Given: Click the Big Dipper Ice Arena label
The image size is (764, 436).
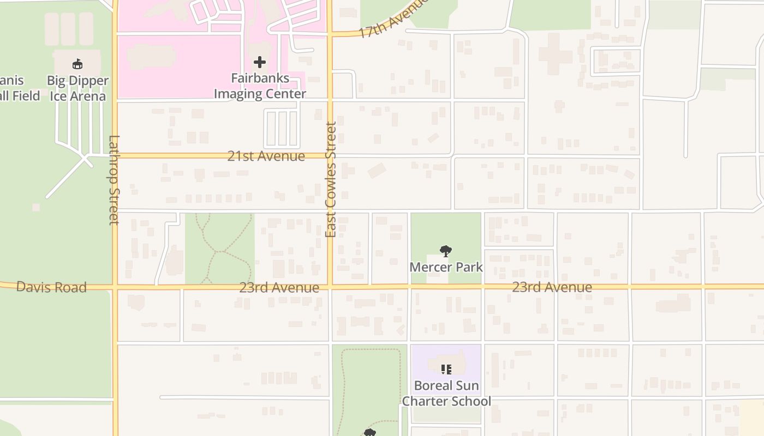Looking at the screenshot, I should point(77,88).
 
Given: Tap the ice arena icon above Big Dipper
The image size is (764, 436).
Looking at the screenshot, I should point(77,64).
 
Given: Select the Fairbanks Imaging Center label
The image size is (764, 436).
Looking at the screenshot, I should point(260,86).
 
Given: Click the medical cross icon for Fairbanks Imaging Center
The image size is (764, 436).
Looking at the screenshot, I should point(260,62).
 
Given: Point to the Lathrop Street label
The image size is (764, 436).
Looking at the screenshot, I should point(114,180).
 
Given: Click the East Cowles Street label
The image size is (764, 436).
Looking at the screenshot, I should point(331,180).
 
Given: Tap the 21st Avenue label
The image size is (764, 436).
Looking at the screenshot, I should point(266,156).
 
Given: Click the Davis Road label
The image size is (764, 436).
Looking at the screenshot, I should point(51,287).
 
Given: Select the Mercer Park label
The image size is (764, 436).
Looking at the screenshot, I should point(446,267).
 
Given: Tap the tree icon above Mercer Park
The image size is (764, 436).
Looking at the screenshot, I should point(446,251).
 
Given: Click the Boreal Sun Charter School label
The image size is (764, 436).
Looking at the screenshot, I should point(446,393).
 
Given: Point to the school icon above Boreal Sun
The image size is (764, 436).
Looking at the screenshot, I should point(446,370).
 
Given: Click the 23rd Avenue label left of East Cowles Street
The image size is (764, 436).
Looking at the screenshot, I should point(279,288).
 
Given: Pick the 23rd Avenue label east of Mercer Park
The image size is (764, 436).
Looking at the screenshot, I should point(552,287).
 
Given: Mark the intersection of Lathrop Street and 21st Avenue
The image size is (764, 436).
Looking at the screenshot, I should point(115,155).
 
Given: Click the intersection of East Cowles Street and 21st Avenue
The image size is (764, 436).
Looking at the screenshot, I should point(330,155).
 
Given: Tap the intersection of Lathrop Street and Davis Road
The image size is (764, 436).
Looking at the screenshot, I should point(115,287).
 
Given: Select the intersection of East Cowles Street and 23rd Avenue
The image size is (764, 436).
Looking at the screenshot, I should point(330,286).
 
